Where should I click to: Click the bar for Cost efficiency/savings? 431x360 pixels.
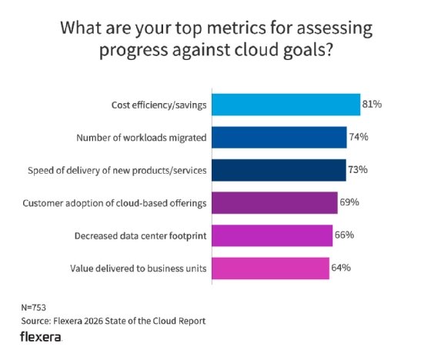click(286, 104)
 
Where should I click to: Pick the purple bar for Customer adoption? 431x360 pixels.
click(274, 202)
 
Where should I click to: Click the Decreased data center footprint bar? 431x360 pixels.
click(272, 235)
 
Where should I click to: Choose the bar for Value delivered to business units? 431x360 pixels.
click(270, 268)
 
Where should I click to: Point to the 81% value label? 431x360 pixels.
click(373, 104)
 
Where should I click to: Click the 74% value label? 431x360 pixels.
click(359, 137)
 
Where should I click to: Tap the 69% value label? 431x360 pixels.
click(350, 202)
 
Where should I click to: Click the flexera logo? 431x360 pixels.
click(42, 338)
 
